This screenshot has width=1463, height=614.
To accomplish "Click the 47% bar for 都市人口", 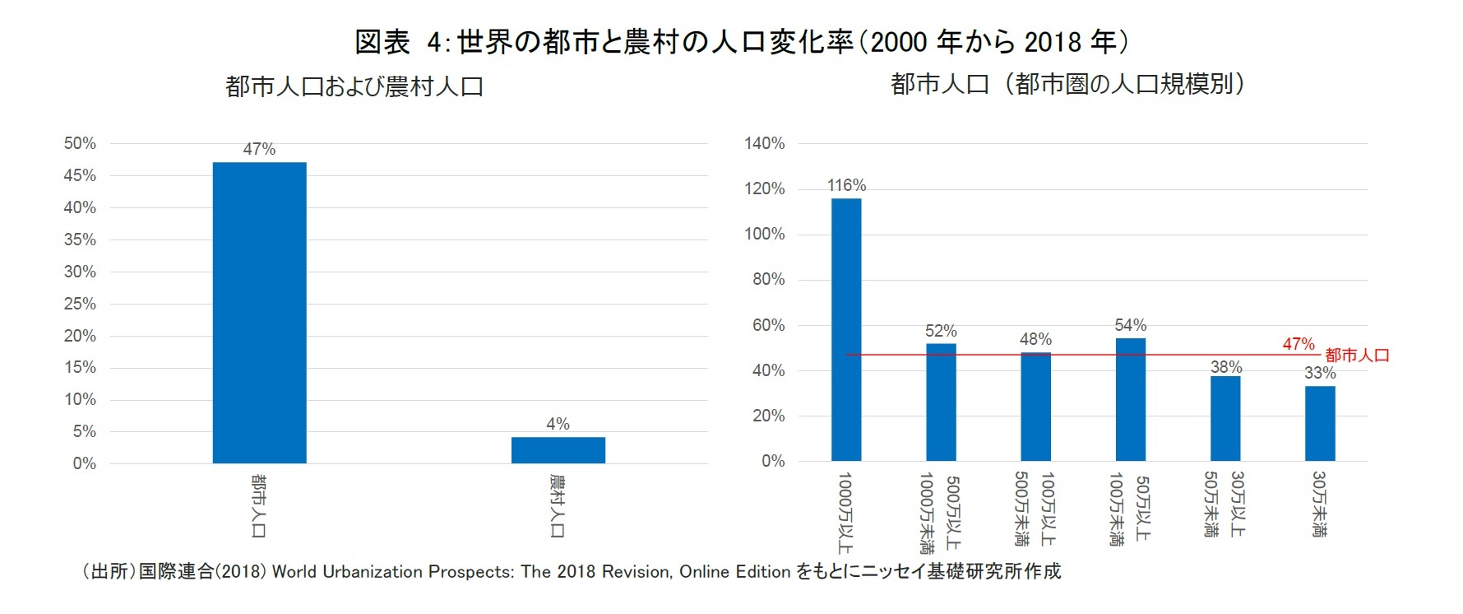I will click(x=259, y=313).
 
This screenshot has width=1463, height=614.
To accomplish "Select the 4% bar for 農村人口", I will click(x=558, y=450).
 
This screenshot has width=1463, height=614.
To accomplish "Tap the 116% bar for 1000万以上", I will click(x=846, y=329).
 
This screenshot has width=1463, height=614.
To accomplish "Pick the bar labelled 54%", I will click(x=1130, y=399).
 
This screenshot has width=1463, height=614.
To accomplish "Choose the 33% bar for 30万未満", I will click(x=1320, y=423).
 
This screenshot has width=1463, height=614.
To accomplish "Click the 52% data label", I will click(x=941, y=331).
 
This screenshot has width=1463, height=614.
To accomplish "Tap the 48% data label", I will click(x=1035, y=339).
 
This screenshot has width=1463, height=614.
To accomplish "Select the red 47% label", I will click(x=1299, y=344).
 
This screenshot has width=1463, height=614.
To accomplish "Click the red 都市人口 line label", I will click(x=1357, y=356).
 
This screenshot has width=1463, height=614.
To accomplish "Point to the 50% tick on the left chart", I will click(x=80, y=143).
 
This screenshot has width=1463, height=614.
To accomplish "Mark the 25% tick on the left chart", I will click(x=80, y=304).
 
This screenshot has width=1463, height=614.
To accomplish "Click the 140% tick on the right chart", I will click(x=765, y=143).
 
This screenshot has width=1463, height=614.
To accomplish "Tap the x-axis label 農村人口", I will click(x=558, y=506).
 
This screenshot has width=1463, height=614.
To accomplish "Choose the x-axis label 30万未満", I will click(x=1319, y=505).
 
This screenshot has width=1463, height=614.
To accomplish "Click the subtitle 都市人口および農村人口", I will click(x=354, y=86).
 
